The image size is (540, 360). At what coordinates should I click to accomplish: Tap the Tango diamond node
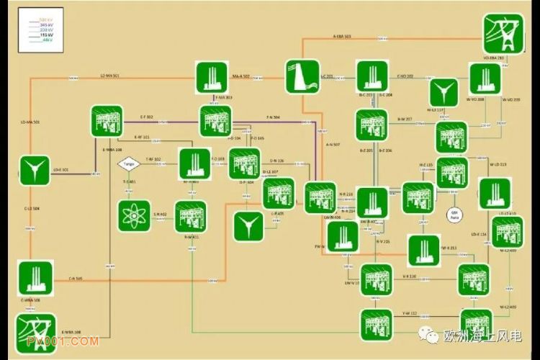128,163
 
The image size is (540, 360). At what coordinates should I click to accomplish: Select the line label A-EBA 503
342,36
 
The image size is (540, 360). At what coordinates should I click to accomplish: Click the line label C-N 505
76,278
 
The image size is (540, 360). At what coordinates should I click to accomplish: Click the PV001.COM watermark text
71,341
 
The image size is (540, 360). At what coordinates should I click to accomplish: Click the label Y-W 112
410,313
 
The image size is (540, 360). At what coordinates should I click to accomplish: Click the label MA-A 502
240,76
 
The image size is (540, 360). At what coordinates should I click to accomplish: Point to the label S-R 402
160,214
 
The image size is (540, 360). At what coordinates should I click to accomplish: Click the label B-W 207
405,119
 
